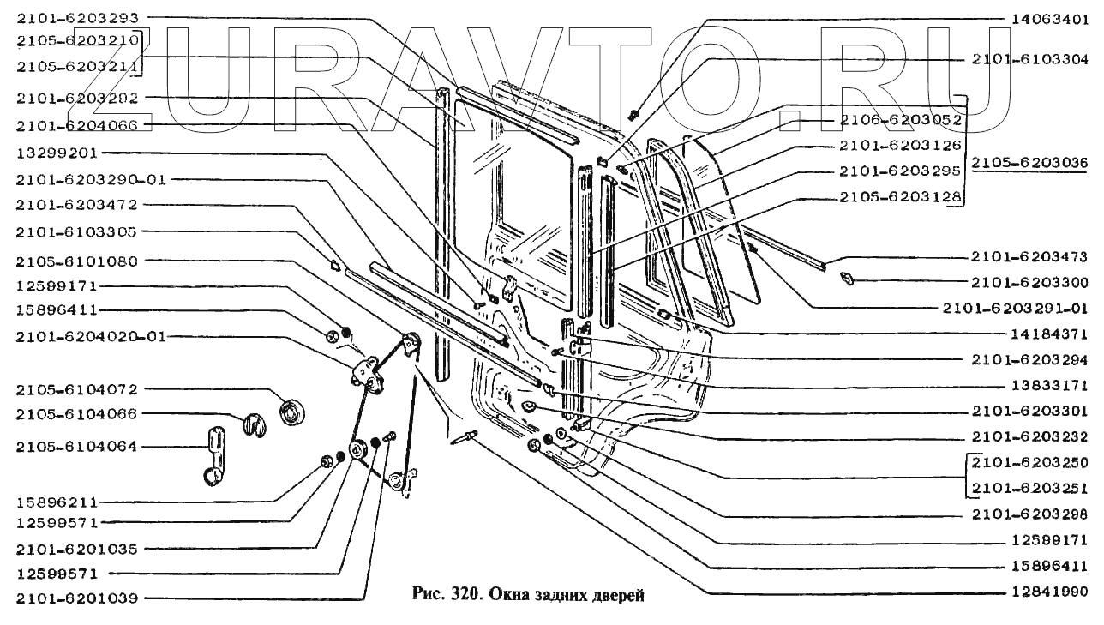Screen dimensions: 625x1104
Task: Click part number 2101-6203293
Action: pyautogui.click(x=76, y=17)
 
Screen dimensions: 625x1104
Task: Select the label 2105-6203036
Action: pyautogui.click(x=1032, y=163)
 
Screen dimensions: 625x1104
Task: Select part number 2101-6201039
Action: pyautogui.click(x=76, y=598)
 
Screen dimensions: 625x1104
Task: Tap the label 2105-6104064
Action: pyautogui.click(x=76, y=447)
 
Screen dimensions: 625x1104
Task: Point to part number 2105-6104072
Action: pyautogui.click(x=76, y=389)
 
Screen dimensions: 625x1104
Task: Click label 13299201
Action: pyautogui.click(x=53, y=153)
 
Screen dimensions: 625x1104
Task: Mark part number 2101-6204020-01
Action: pyautogui.click(x=89, y=337)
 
